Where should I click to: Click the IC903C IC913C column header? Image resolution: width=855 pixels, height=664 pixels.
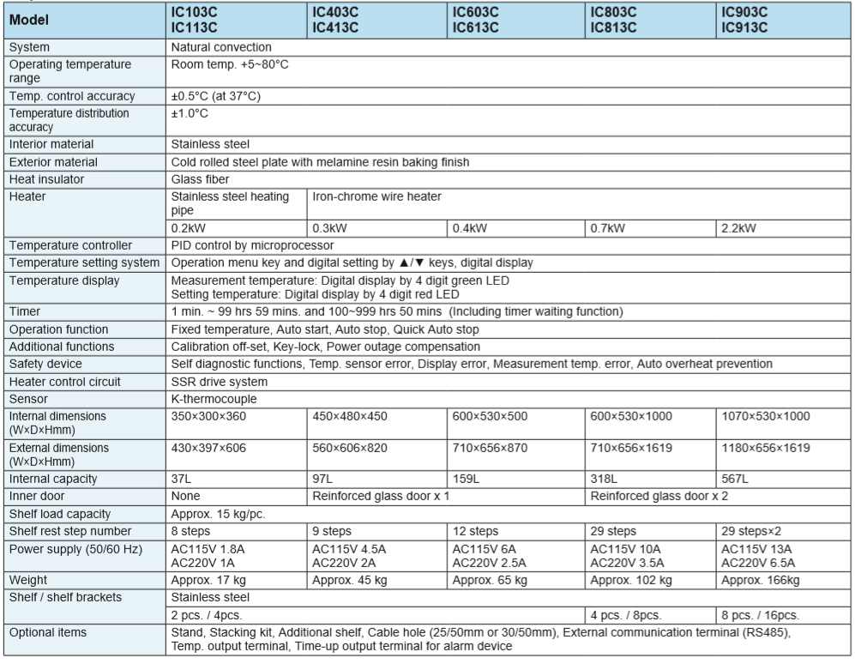pos(744,19)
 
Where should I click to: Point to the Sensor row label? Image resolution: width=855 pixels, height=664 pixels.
pos(31,399)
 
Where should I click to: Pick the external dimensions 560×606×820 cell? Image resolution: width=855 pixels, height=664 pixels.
pos(351,447)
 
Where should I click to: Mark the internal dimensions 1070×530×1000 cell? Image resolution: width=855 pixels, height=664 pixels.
pos(766,416)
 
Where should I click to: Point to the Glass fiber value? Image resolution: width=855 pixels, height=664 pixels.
pos(201,179)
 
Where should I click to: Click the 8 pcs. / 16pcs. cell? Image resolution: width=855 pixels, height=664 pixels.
pos(760,615)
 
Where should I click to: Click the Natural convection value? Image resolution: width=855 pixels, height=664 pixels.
pos(221,47)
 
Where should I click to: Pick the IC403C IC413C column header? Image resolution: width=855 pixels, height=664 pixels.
pos(334,19)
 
